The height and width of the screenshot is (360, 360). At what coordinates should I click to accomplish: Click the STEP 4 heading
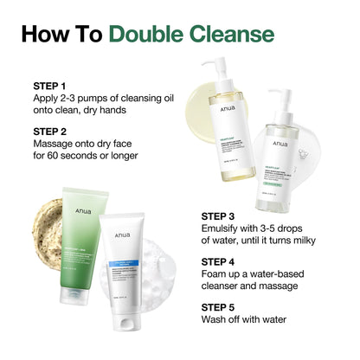tap(222, 260)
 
